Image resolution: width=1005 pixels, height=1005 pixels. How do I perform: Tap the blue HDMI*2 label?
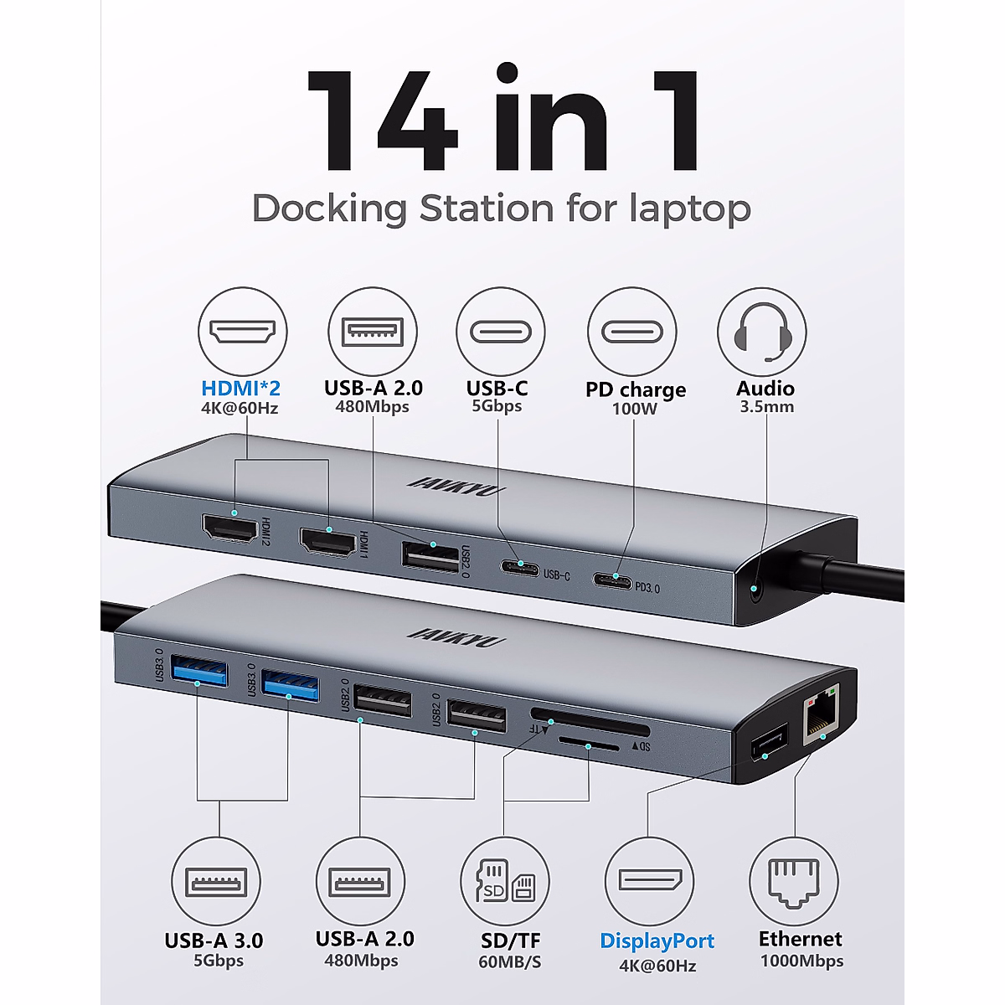[241, 389]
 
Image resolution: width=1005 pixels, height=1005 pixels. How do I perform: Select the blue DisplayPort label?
[657, 941]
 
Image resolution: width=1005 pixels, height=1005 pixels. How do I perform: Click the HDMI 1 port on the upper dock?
[327, 542]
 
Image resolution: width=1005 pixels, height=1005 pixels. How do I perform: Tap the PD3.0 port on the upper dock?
[613, 580]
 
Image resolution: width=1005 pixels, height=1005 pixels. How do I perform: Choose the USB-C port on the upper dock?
[521, 568]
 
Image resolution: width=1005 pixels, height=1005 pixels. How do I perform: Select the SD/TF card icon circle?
[504, 881]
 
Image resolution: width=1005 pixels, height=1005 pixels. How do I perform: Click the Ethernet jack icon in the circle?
[793, 881]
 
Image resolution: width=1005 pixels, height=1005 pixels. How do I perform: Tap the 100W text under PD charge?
[634, 410]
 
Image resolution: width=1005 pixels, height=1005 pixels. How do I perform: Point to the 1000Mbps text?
[801, 961]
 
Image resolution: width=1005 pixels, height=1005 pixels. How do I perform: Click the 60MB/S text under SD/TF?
[510, 962]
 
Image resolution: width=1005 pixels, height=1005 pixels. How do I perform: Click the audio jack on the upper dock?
[756, 591]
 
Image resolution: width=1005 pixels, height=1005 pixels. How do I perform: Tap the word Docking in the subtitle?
[329, 209]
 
